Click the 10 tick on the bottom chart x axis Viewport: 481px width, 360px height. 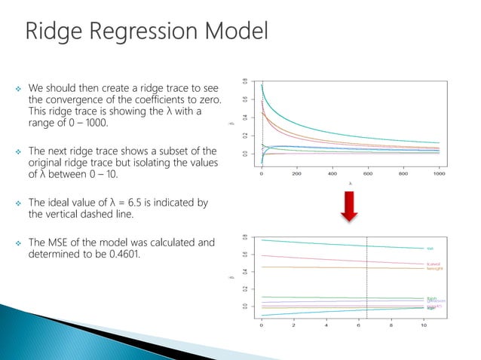[424, 325]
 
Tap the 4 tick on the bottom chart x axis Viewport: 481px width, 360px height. [326, 325]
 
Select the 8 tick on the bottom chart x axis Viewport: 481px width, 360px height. [391, 325]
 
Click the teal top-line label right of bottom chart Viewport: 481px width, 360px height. [430, 249]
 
